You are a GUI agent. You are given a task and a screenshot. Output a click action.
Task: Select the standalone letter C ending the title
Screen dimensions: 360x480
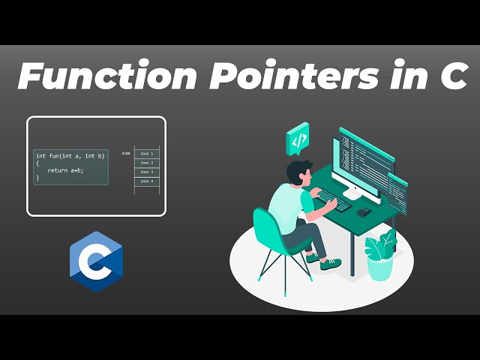pyautogui.click(x=453, y=77)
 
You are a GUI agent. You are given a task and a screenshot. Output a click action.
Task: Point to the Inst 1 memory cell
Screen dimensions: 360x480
pyautogui.click(x=146, y=153)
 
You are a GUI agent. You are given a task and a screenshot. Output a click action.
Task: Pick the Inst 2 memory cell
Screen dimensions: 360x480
pyautogui.click(x=146, y=163)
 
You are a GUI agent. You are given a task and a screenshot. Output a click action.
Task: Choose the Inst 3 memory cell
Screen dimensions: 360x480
pyautogui.click(x=146, y=172)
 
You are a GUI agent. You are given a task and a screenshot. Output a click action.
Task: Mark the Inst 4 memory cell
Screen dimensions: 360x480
pyautogui.click(x=146, y=181)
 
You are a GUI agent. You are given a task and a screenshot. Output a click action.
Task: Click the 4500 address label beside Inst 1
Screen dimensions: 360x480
pyautogui.click(x=126, y=153)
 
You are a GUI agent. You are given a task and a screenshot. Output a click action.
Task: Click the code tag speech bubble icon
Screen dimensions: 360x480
pyautogui.click(x=298, y=138)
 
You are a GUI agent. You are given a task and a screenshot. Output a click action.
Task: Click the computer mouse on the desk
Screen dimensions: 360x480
pyautogui.click(x=363, y=211)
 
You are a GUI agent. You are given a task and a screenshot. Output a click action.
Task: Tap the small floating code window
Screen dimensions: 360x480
pyautogui.click(x=397, y=191)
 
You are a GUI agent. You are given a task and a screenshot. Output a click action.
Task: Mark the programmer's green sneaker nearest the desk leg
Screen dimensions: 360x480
pyautogui.click(x=331, y=264)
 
